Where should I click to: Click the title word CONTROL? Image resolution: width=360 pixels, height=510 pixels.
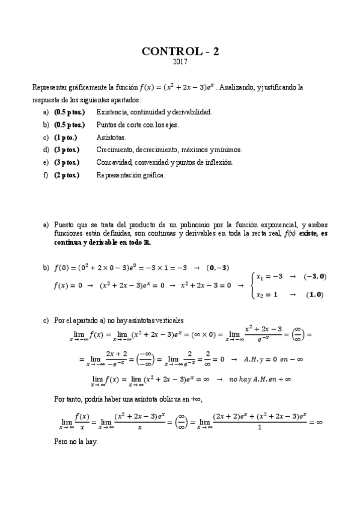tap(165, 52)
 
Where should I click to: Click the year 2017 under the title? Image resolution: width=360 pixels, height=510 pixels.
tap(180, 62)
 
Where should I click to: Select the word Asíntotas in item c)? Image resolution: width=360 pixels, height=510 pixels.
tap(111, 137)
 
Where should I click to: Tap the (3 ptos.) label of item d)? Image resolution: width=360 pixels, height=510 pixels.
tap(67, 150)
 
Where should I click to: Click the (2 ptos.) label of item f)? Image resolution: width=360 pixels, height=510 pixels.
tap(67, 175)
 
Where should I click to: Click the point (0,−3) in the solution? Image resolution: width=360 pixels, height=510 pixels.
tap(218, 267)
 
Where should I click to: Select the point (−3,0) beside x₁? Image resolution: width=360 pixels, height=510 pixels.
tap(315, 276)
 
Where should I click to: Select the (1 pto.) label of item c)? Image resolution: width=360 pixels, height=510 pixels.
tap(66, 137)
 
